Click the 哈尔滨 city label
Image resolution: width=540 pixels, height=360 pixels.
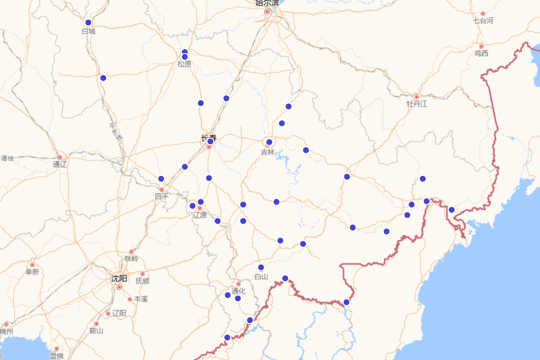click(x=267, y=3)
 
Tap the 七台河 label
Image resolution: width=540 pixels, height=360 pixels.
click(x=483, y=21)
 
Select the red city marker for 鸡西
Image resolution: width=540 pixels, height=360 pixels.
click(x=481, y=46)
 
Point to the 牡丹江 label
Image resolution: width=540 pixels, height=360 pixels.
click(x=417, y=104)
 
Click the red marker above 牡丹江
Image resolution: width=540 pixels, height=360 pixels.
click(x=417, y=97)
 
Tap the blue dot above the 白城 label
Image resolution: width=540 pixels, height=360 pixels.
click(x=88, y=22)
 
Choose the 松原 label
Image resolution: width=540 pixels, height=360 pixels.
click(x=184, y=64)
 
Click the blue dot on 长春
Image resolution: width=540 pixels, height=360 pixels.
click(x=210, y=141)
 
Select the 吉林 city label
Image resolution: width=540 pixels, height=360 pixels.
click(x=268, y=153)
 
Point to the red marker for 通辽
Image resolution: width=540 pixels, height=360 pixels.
click(x=60, y=157)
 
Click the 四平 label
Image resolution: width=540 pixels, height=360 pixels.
click(x=162, y=197)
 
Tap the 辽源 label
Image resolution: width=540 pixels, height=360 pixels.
click(x=200, y=215)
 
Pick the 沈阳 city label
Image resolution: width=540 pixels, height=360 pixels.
click(x=119, y=279)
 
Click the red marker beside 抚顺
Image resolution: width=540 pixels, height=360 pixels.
click(x=143, y=274)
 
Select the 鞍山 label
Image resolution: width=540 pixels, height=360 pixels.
click(x=96, y=331)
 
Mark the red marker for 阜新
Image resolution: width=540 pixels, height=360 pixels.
click(x=32, y=265)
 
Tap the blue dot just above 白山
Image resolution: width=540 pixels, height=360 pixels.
click(x=261, y=267)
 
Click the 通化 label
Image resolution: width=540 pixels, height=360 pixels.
click(x=238, y=291)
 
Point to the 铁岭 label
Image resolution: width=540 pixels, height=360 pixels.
click(x=131, y=259)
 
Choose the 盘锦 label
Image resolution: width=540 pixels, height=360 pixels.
click(x=57, y=355)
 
